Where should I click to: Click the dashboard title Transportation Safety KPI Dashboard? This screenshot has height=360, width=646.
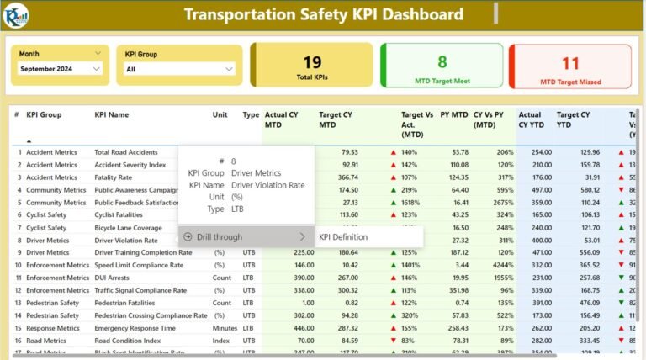pyautogui.click(x=323, y=14)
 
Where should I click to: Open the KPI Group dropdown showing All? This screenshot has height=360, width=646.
pyautogui.click(x=179, y=69)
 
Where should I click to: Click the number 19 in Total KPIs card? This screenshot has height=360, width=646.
pyautogui.click(x=312, y=61)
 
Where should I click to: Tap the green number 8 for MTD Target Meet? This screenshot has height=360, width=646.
pyautogui.click(x=442, y=61)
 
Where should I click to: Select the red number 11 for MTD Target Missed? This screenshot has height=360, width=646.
pyautogui.click(x=570, y=63)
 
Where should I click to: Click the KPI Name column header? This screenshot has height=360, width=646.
pyautogui.click(x=112, y=114)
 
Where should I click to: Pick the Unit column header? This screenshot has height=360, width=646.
pyautogui.click(x=220, y=114)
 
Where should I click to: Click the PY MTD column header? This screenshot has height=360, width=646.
pyautogui.click(x=454, y=114)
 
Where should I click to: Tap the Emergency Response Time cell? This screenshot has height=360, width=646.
pyautogui.click(x=135, y=328)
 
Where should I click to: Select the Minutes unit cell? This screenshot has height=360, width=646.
pyautogui.click(x=225, y=328)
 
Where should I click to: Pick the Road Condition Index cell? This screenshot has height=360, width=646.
pyautogui.click(x=127, y=341)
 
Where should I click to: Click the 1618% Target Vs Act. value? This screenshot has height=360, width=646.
pyautogui.click(x=410, y=203)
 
